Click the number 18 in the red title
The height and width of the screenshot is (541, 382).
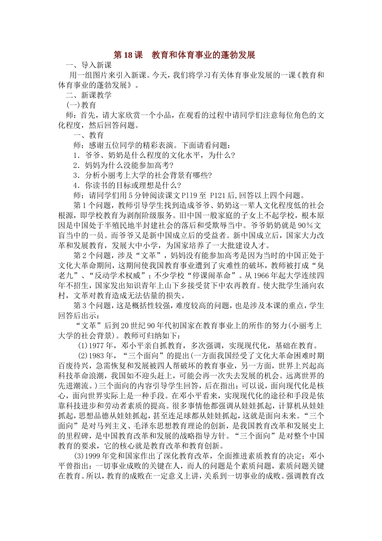(x=129, y=55)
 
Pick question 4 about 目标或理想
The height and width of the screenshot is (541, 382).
(x=127, y=186)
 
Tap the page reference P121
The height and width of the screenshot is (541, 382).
(x=219, y=196)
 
